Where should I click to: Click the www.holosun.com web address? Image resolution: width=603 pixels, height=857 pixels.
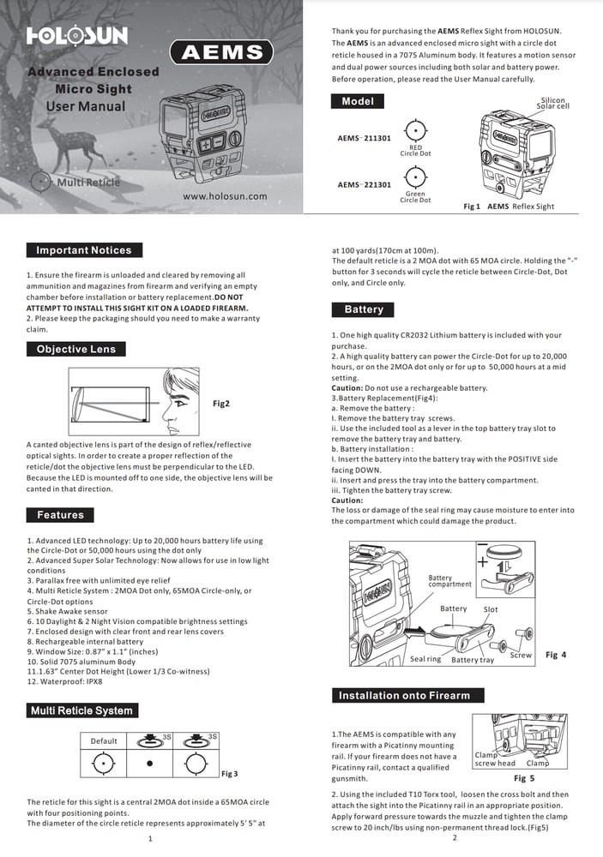coord(225,195)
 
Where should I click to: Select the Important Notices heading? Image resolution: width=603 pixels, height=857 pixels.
coord(84,250)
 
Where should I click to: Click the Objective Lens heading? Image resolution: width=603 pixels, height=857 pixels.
coord(76,349)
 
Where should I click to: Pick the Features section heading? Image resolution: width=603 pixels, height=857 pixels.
coord(60,515)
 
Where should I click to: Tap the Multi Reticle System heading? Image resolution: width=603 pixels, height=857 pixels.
coord(81,710)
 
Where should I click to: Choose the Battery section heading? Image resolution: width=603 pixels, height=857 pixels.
coord(364,309)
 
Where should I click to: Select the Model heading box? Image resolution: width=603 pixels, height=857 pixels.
coord(358,101)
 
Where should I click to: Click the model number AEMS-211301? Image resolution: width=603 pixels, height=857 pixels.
coord(365,137)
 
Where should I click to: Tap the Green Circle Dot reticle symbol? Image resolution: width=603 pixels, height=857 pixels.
coord(415,177)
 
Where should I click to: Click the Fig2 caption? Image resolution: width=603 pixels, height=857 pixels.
coord(221,403)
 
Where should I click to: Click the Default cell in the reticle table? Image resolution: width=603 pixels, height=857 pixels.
coord(104,740)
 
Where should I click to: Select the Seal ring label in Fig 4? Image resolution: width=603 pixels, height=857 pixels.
coord(425,658)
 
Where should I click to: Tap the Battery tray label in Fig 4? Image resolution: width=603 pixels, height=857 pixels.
coord(473,660)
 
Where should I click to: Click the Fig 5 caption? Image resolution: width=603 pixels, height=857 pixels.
coord(523,778)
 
